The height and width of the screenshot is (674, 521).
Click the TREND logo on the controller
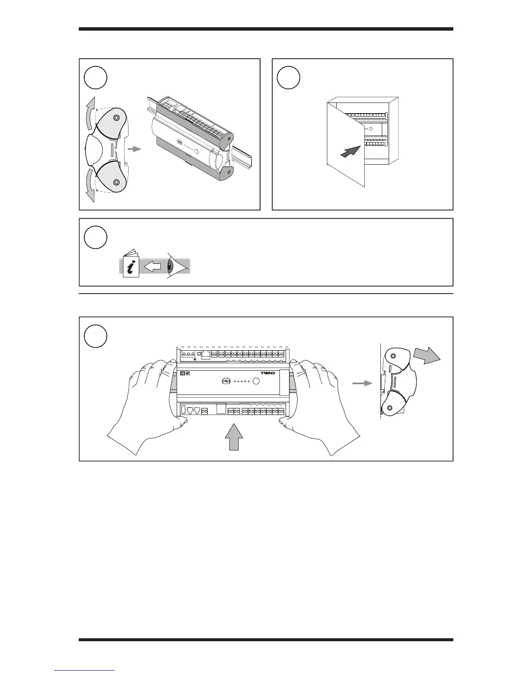click(x=268, y=373)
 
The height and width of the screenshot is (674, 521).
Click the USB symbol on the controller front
click(x=226, y=381)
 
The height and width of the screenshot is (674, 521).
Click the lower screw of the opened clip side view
click(x=116, y=182)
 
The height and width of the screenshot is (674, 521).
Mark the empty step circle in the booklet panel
click(x=95, y=237)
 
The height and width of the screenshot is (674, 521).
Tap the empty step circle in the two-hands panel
click(x=95, y=336)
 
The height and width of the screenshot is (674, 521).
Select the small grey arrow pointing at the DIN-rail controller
click(x=135, y=149)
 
